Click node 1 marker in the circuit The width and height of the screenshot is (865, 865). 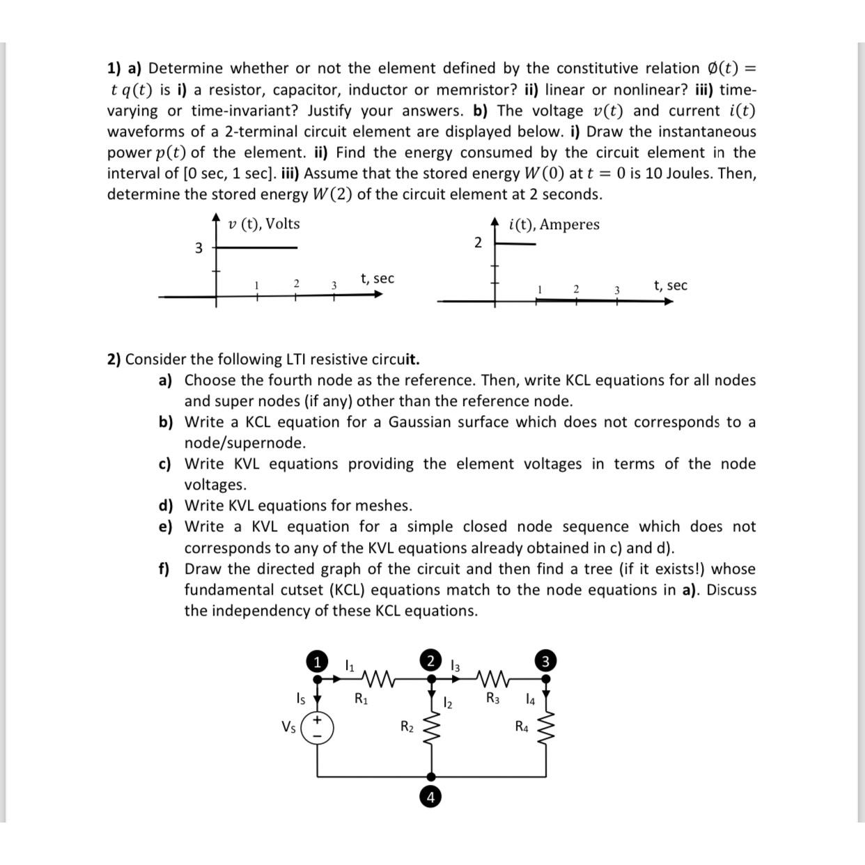pyautogui.click(x=318, y=660)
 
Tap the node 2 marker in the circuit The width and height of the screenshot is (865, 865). pyautogui.click(x=431, y=660)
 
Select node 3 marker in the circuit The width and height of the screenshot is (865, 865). pyautogui.click(x=546, y=660)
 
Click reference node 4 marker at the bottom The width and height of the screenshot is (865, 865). pyautogui.click(x=431, y=797)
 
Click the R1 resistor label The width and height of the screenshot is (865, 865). pyautogui.click(x=361, y=699)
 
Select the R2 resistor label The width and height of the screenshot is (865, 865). pyautogui.click(x=407, y=727)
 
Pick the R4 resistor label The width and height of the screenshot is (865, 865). pyautogui.click(x=522, y=727)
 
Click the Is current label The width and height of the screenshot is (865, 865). pyautogui.click(x=300, y=697)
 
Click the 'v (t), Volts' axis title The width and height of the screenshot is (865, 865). pyautogui.click(x=264, y=224)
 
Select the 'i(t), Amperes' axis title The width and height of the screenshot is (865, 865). pyautogui.click(x=554, y=224)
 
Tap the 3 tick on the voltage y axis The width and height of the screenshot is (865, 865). pyautogui.click(x=198, y=248)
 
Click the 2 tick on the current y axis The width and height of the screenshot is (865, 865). pyautogui.click(x=477, y=242)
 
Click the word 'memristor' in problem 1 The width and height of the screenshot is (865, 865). pyautogui.click(x=478, y=90)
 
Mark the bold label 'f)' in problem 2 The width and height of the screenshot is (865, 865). pyautogui.click(x=164, y=569)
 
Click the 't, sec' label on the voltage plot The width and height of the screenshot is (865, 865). pyautogui.click(x=377, y=279)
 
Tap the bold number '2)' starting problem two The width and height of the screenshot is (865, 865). pyautogui.click(x=114, y=359)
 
